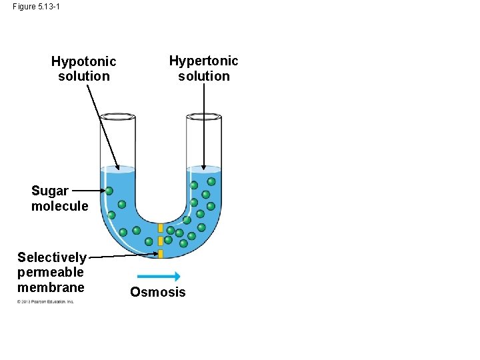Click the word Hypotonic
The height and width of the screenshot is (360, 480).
[x=83, y=61]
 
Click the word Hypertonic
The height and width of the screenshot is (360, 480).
[x=203, y=61]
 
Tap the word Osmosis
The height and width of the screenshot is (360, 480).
[x=158, y=292]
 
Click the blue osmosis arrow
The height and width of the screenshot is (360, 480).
[x=158, y=277]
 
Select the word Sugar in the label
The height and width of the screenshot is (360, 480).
[x=49, y=191]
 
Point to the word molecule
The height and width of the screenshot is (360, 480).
[x=59, y=206]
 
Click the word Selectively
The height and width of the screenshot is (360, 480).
[x=51, y=257]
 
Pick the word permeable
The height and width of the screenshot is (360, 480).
[x=51, y=272]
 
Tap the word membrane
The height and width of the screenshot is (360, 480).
[x=51, y=287]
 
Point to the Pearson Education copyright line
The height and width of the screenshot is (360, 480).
[x=45, y=301]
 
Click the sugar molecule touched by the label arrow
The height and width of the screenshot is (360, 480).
[x=109, y=191]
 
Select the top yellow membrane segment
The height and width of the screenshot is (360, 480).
[x=161, y=228]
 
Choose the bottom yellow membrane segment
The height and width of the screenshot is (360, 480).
[x=161, y=253]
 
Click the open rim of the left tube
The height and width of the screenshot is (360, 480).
[x=118, y=117]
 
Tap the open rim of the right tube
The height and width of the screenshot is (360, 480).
[x=203, y=117]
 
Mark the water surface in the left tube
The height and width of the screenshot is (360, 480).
[x=118, y=169]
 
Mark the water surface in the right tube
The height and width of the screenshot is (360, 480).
[x=203, y=169]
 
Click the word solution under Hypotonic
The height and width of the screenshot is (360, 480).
[x=83, y=76]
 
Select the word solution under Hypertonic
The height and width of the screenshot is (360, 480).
[x=203, y=76]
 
